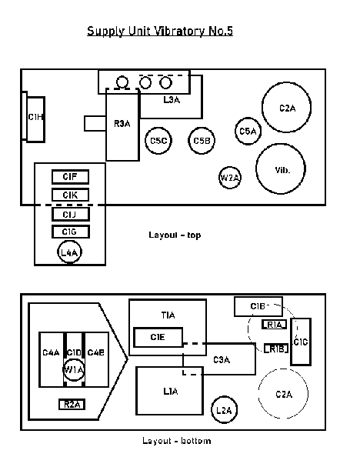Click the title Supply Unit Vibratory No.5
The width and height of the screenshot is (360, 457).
(x=160, y=31)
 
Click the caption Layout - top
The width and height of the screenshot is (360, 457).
(x=175, y=235)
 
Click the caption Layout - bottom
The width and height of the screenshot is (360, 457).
(x=177, y=441)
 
